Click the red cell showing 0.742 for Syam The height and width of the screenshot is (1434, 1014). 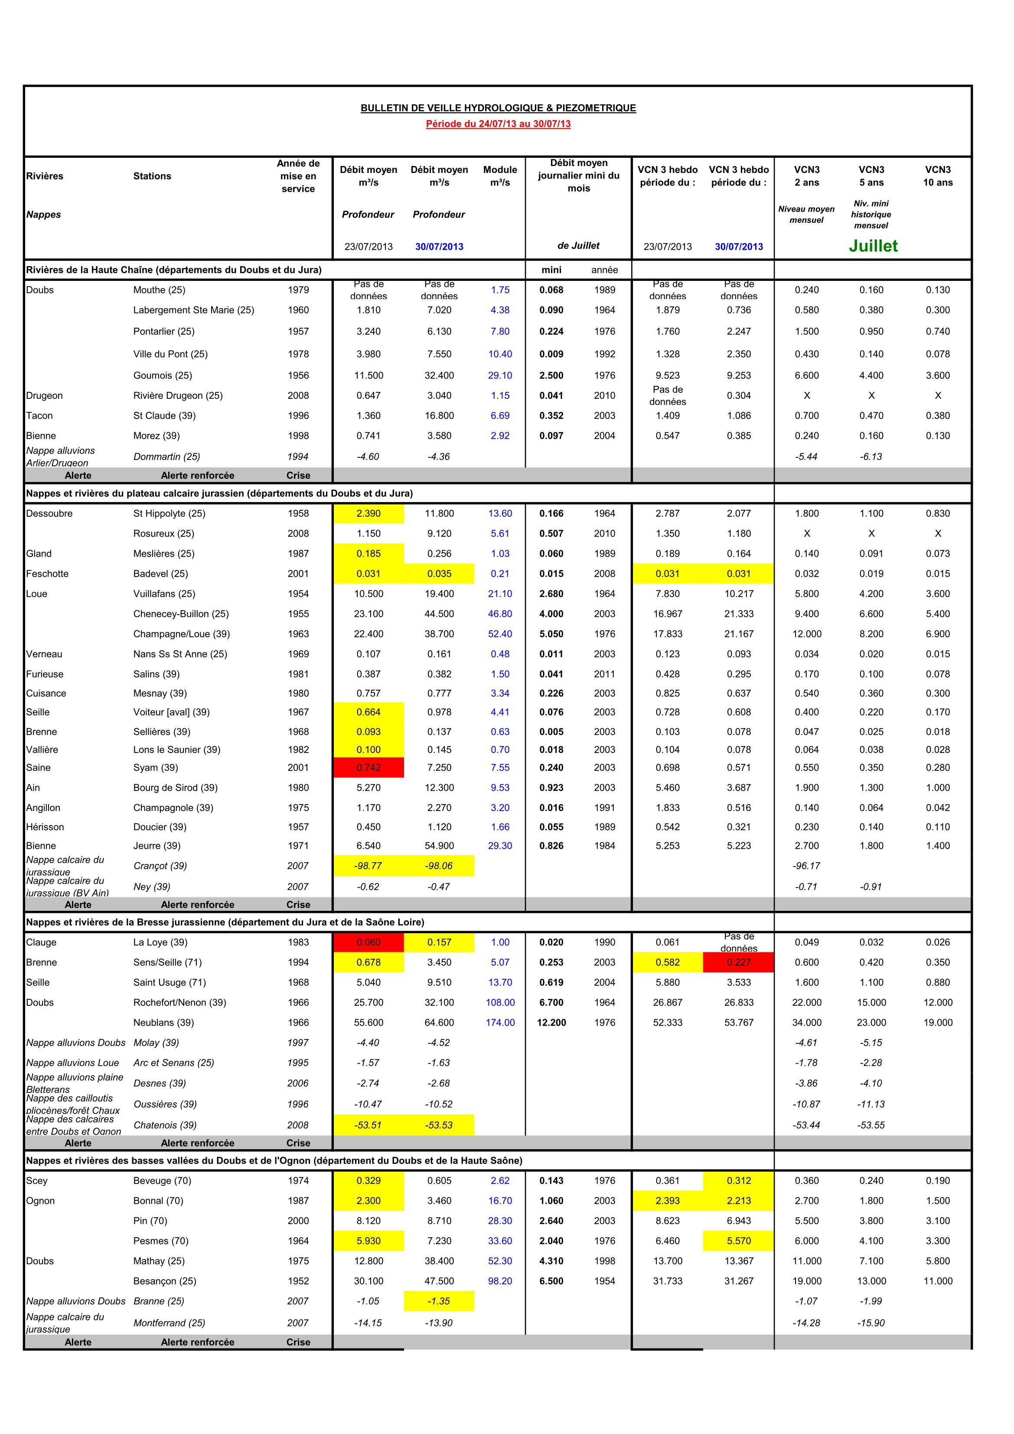click(x=368, y=768)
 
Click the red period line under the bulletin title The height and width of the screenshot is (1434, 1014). click(x=498, y=124)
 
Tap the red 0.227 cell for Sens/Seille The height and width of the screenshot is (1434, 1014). click(x=738, y=962)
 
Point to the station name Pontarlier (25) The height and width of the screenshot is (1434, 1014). click(x=164, y=331)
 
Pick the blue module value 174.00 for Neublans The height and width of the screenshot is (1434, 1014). click(x=500, y=1023)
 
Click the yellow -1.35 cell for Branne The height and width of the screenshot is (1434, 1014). click(x=439, y=1301)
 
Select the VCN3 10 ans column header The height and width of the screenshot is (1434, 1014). click(x=938, y=176)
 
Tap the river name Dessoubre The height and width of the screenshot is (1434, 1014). click(x=49, y=513)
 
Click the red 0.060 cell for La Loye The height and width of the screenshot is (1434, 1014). click(x=368, y=942)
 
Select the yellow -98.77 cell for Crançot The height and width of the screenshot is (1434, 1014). click(x=368, y=866)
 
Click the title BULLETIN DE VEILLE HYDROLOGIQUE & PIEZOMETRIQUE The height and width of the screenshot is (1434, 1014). click(x=498, y=108)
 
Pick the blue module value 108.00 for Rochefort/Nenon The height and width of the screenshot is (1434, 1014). click(x=500, y=1002)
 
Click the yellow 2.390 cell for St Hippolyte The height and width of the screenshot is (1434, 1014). click(x=368, y=513)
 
